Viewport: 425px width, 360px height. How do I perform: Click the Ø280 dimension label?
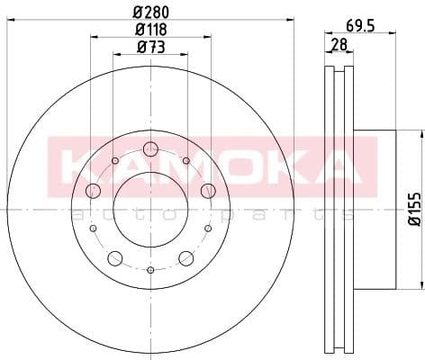pyautogui.click(x=150, y=12)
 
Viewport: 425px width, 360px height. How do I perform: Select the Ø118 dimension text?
pyautogui.click(x=150, y=31)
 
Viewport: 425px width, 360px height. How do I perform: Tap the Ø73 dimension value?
pyautogui.click(x=149, y=48)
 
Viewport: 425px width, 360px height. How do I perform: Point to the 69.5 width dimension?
pyautogui.click(x=361, y=26)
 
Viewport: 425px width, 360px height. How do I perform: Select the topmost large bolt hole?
pyautogui.click(x=150, y=149)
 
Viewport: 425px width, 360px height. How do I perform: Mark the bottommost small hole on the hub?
pyautogui.click(x=150, y=270)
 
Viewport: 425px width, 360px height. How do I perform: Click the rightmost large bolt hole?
pyautogui.click(x=208, y=190)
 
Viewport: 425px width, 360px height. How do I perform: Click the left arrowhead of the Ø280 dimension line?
pyautogui.click(x=9, y=20)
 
